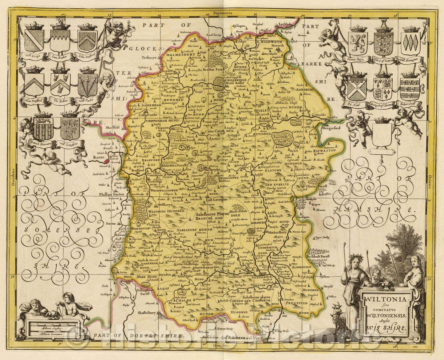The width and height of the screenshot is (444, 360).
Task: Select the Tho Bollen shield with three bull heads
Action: click(60, 84)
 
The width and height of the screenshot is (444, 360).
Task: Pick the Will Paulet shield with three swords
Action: click(88, 84)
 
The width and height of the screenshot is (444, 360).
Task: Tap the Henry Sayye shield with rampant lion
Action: click(358, 44)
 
